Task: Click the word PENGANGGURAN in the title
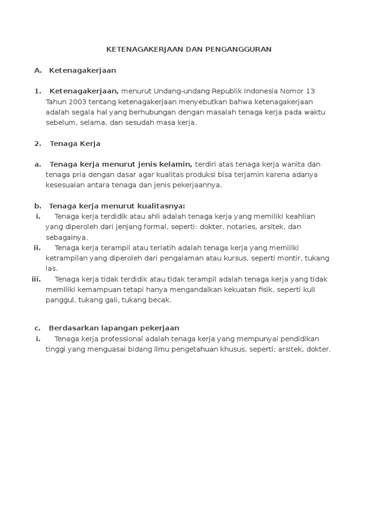pyautogui.click(x=243, y=49)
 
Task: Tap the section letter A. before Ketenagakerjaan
pyautogui.click(x=38, y=71)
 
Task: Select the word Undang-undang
pyautogui.click(x=176, y=91)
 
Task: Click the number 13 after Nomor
pyautogui.click(x=311, y=91)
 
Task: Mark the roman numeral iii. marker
pyautogui.click(x=36, y=279)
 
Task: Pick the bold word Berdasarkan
pyautogui.click(x=70, y=328)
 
